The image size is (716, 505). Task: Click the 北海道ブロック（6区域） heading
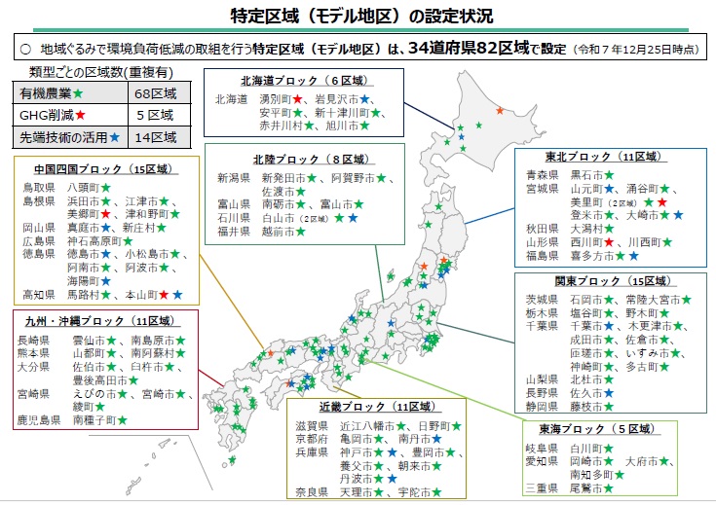point(289,81)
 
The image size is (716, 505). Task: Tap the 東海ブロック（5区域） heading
point(595,428)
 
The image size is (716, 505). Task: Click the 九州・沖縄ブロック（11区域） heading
point(96,320)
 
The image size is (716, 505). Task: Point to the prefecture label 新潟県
point(234,178)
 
